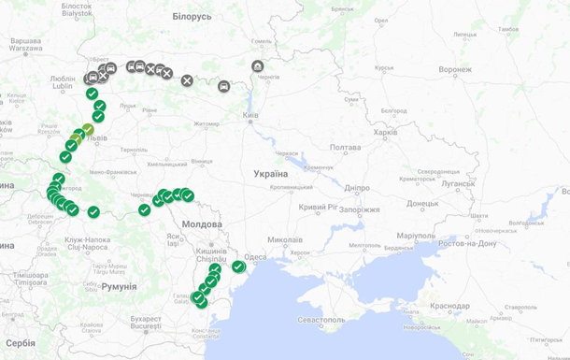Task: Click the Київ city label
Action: tap(250, 116)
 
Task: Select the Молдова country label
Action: tap(202, 224)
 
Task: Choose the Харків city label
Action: tap(385, 133)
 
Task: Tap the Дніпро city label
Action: tap(357, 187)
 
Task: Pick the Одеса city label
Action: tap(255, 257)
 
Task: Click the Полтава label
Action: tap(345, 148)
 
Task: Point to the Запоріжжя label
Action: tap(358, 209)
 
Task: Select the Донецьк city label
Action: tap(422, 203)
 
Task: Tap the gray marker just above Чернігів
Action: tap(257, 66)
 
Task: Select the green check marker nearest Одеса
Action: tap(238, 267)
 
